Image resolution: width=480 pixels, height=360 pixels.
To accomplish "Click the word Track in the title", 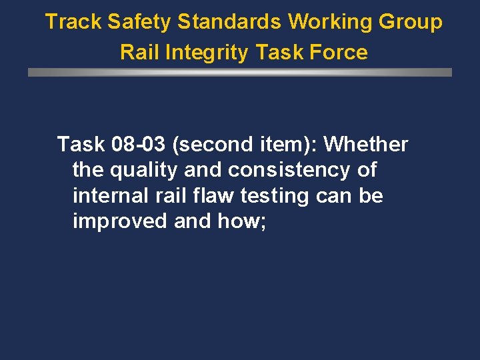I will point(73,22).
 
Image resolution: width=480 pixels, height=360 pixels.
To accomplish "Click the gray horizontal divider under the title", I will point(240,72).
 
